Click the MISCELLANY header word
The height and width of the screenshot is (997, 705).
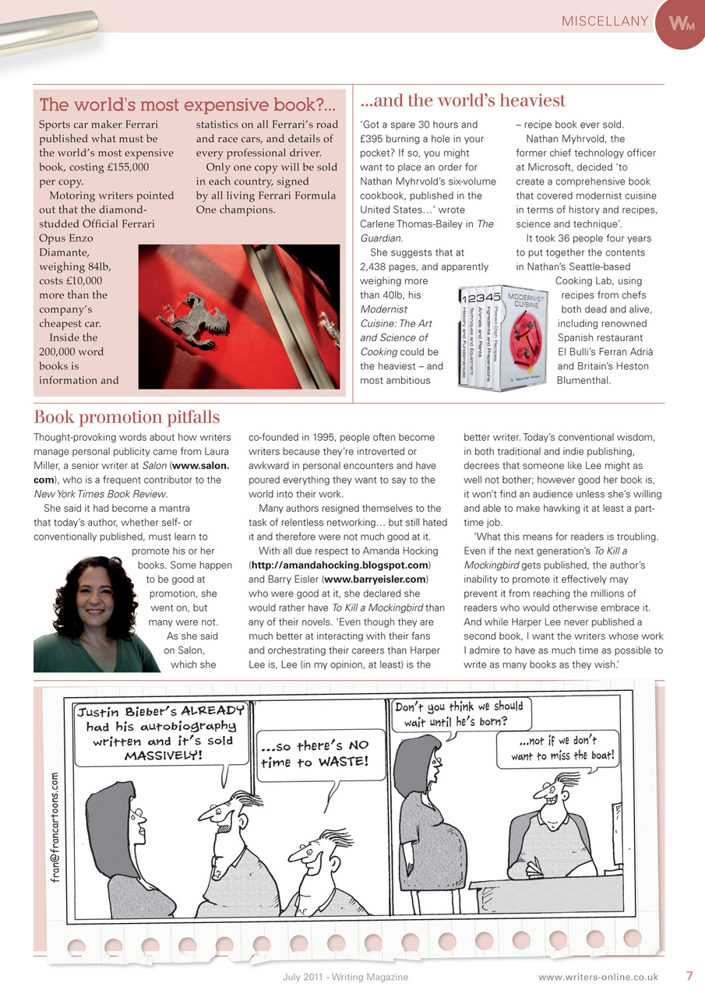click(x=605, y=21)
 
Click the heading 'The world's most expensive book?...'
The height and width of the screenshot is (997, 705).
click(x=188, y=105)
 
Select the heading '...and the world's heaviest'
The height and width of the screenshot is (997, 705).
click(x=463, y=100)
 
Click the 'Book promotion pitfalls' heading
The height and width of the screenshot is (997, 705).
click(x=127, y=417)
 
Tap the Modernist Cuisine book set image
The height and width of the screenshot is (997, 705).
click(x=504, y=340)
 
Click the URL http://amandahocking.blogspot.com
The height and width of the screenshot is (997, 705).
click(x=340, y=565)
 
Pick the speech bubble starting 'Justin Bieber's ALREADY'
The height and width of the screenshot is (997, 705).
click(x=160, y=733)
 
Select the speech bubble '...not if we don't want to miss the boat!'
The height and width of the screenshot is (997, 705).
click(x=562, y=749)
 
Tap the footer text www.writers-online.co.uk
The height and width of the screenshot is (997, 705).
click(x=597, y=977)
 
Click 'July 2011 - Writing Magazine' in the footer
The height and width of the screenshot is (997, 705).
click(x=345, y=977)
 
